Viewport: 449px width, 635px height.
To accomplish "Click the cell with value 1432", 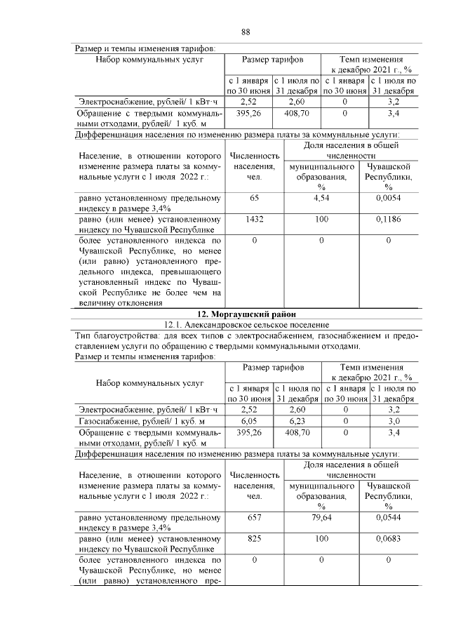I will tap(254, 220).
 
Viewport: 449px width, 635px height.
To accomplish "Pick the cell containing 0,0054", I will tap(388, 199).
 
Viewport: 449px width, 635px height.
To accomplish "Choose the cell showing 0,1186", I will tap(388, 220).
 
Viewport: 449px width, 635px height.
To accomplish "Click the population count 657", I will tap(254, 517).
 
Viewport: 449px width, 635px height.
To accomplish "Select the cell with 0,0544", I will tap(388, 517).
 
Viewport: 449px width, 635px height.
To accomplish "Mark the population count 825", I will tap(254, 538).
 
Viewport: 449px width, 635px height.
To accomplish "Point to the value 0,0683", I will tap(388, 538).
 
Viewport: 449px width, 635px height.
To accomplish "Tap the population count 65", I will tap(254, 199).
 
